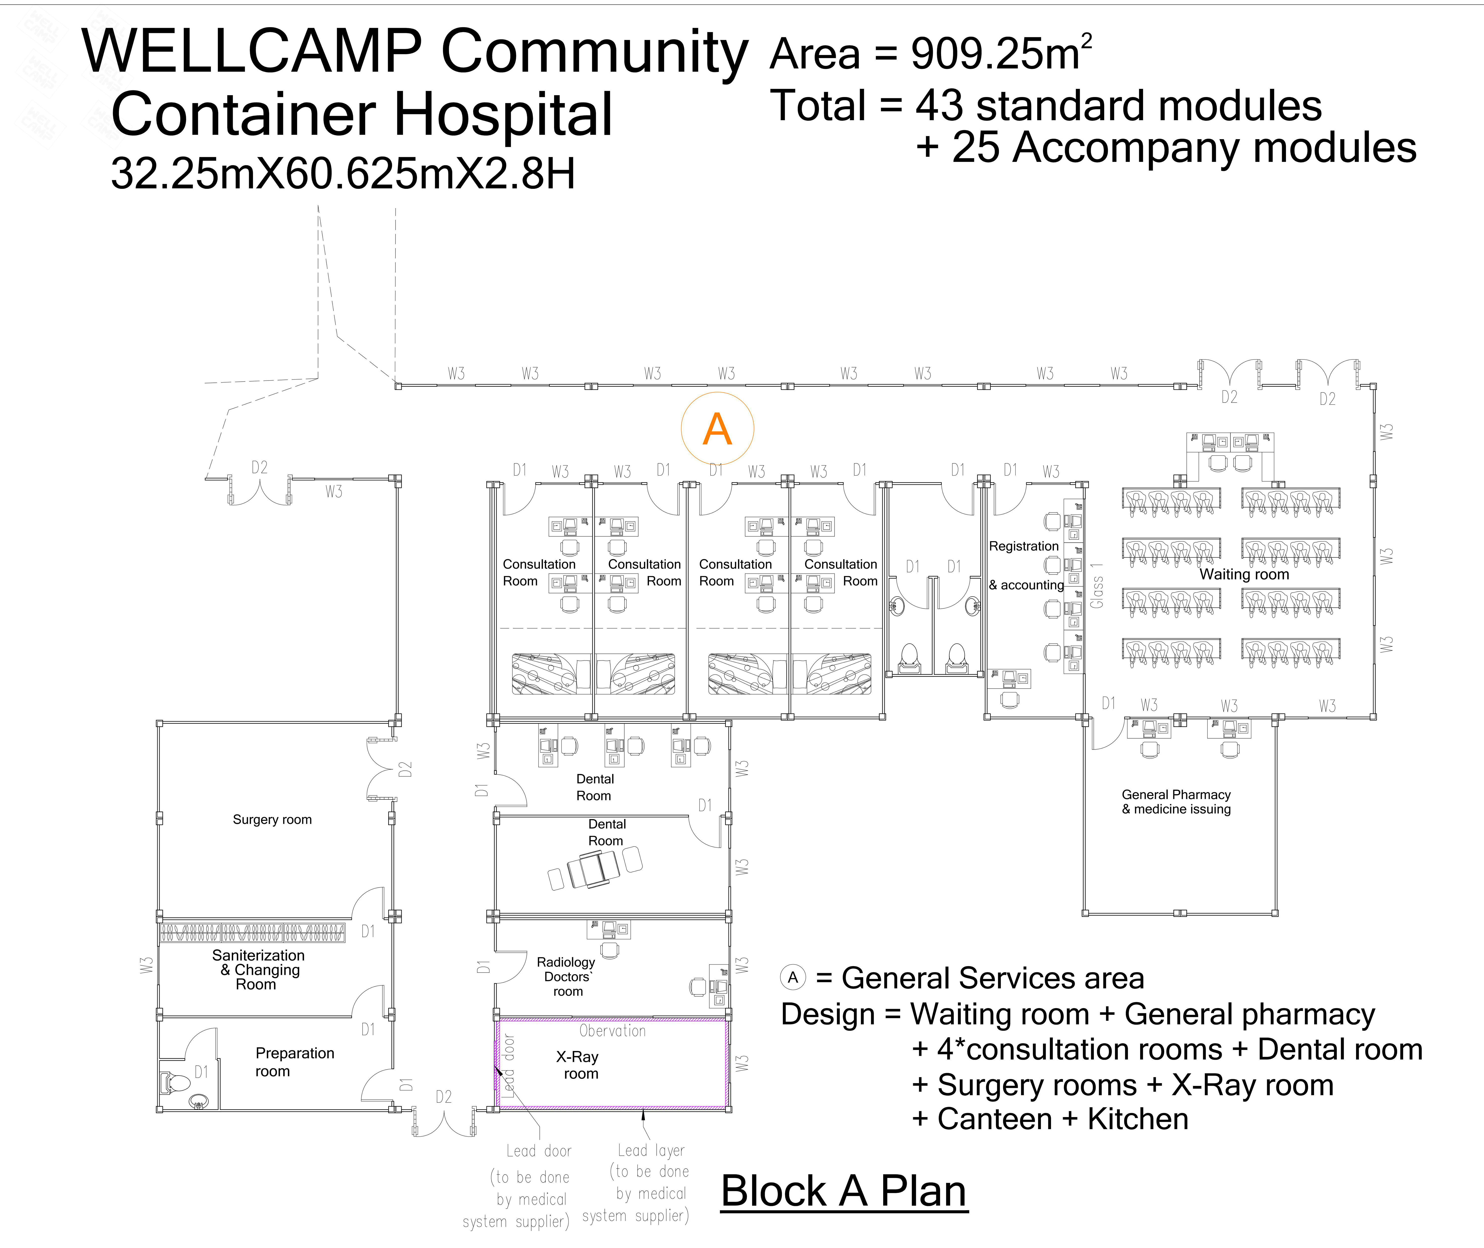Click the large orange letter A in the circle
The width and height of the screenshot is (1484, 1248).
(x=717, y=430)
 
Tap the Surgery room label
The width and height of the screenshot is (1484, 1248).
(x=272, y=819)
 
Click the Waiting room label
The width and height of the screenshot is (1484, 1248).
(x=1244, y=575)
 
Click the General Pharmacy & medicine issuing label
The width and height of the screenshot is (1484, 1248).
(x=1176, y=802)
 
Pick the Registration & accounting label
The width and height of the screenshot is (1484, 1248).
(x=1026, y=565)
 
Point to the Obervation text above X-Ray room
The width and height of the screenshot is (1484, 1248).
(x=613, y=1031)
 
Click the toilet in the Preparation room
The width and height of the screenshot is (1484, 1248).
(x=175, y=1082)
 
